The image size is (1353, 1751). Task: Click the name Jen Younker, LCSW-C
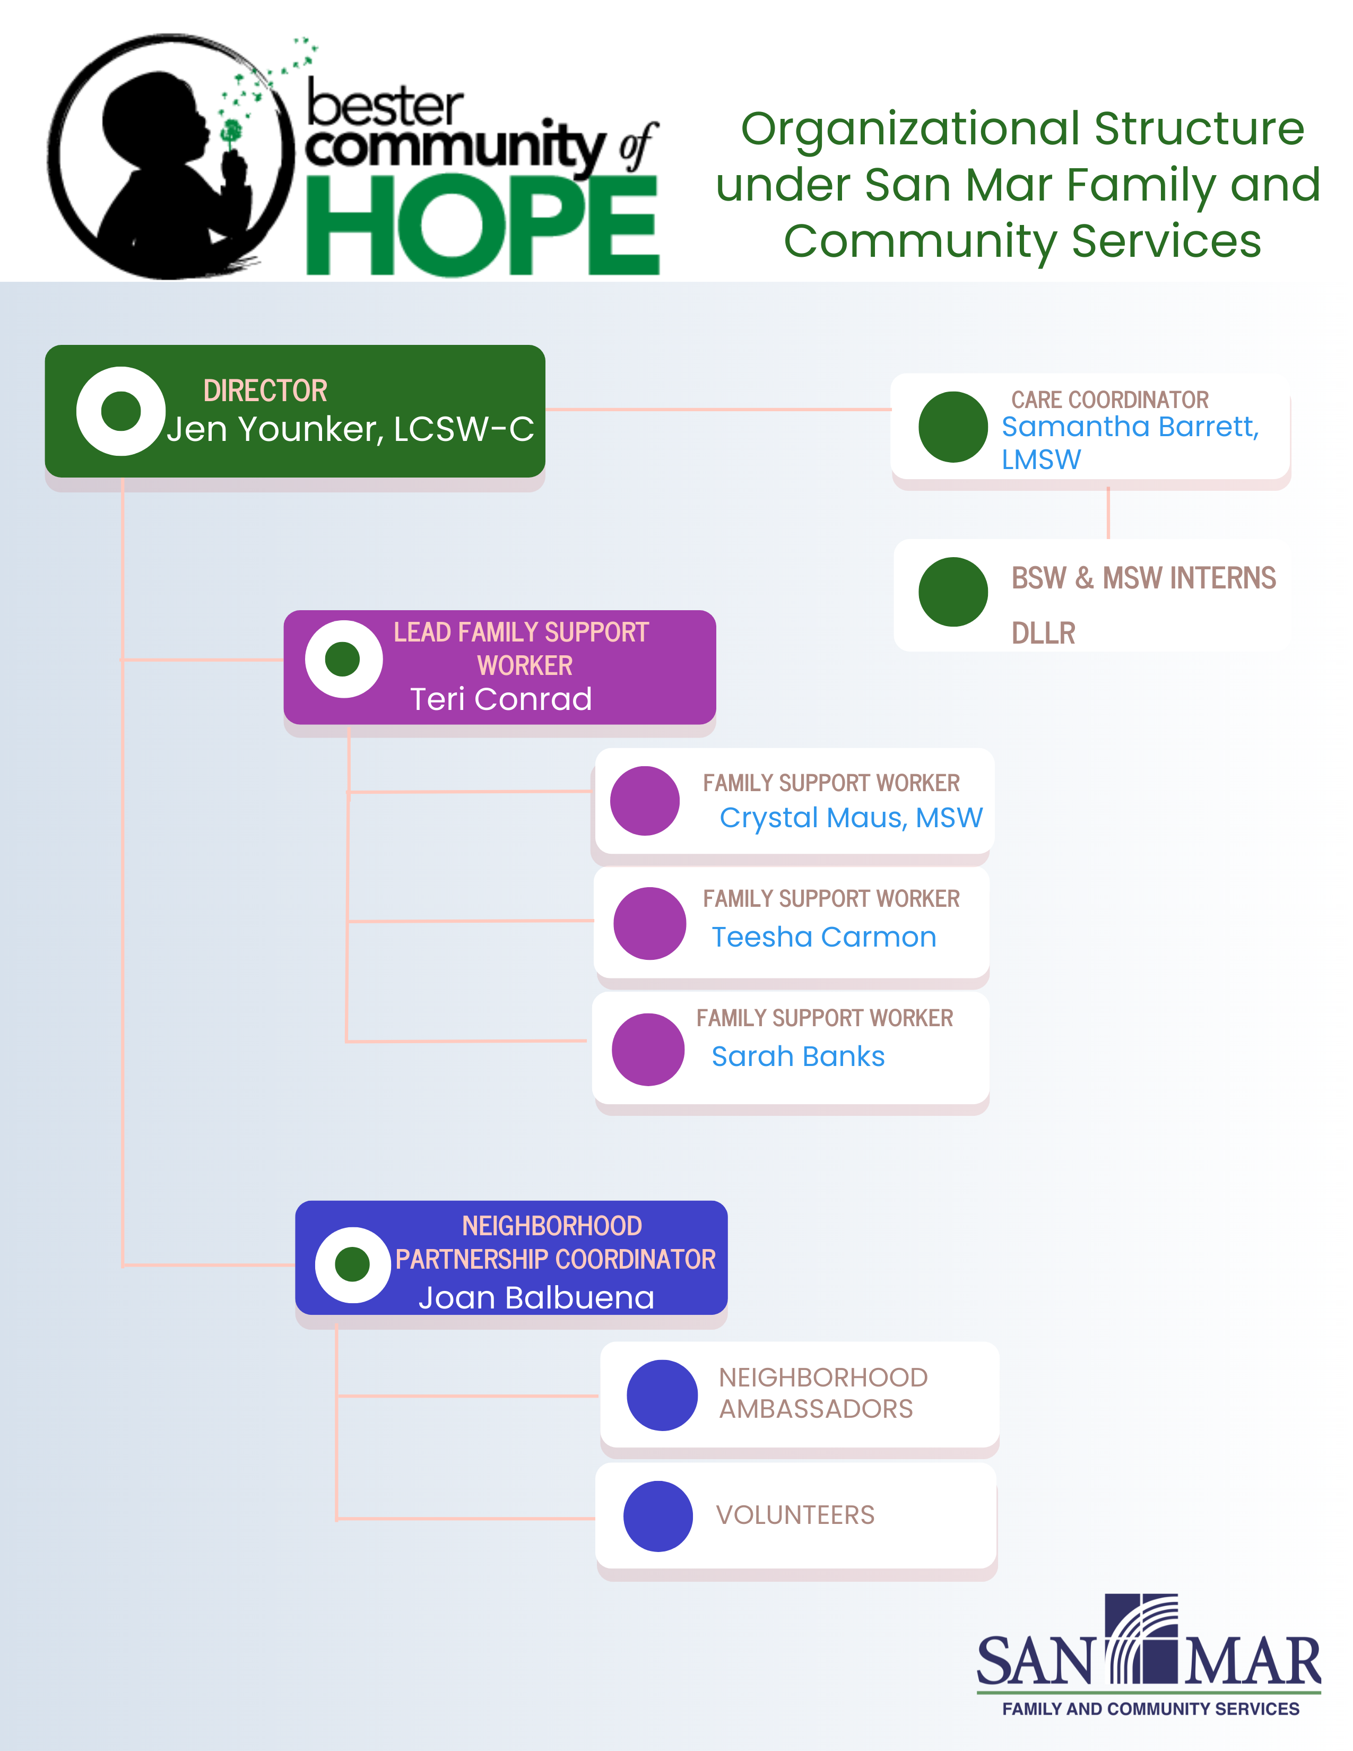point(350,429)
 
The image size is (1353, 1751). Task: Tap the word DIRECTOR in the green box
point(265,391)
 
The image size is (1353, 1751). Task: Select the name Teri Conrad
point(501,699)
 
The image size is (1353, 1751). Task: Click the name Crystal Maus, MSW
point(851,818)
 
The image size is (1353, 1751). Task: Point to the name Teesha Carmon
point(824,937)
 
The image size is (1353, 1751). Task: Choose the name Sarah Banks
point(799,1056)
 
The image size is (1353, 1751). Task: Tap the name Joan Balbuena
point(536,1297)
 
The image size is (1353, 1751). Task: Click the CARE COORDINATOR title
point(1109,399)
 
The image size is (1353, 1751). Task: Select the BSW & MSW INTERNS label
point(1143,578)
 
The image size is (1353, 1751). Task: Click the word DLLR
point(1043,634)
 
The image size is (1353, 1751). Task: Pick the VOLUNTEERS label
point(795,1514)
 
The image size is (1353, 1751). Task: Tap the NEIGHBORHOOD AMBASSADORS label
point(823,1393)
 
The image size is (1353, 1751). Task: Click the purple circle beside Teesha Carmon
point(649,923)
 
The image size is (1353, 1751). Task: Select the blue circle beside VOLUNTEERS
point(658,1516)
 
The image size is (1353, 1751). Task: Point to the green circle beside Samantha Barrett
point(953,427)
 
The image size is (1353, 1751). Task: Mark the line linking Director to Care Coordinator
point(718,410)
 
